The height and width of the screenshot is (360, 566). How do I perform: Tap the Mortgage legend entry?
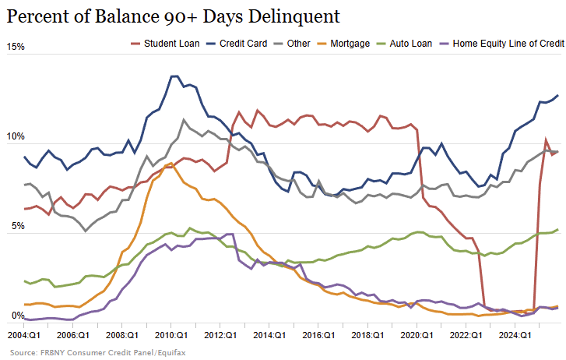point(348,44)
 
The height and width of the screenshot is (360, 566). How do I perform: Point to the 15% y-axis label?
point(16,47)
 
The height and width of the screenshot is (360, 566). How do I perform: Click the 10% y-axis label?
point(16,137)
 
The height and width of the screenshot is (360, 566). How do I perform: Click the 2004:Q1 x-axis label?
point(24,334)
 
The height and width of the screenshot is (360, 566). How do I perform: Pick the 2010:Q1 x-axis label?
point(172,334)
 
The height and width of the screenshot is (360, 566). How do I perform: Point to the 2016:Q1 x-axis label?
point(319,334)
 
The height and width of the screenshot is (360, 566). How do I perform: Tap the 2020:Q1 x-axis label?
point(417,334)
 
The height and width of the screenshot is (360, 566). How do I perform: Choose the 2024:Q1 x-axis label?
point(515,334)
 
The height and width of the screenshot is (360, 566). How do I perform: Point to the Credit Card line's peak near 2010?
point(174,76)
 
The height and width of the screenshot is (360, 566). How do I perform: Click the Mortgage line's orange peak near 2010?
point(171,164)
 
